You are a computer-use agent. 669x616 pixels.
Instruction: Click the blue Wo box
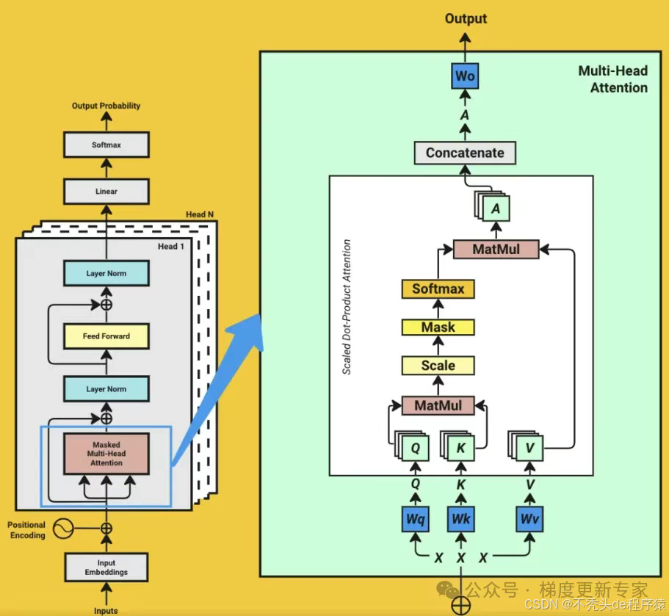[465, 76]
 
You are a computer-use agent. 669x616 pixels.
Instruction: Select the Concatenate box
[465, 153]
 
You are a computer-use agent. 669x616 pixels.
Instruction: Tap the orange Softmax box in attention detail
[438, 289]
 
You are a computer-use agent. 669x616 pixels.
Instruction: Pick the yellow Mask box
[438, 327]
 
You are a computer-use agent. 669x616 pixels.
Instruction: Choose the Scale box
[438, 365]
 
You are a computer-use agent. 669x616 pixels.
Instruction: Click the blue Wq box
[416, 520]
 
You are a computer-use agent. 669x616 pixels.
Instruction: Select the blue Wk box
[461, 520]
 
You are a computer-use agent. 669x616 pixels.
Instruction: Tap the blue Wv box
[529, 520]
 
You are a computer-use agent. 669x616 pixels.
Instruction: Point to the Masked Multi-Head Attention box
[106, 454]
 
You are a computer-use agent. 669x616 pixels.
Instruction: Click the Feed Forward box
[106, 336]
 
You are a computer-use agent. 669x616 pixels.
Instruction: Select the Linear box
[106, 192]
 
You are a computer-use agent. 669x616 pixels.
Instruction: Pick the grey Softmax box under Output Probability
[106, 145]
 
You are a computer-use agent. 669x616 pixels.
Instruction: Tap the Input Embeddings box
[106, 568]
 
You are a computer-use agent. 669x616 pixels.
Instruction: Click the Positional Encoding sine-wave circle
[64, 529]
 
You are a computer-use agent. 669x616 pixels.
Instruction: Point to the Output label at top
[466, 18]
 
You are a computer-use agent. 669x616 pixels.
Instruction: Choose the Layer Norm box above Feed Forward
[106, 274]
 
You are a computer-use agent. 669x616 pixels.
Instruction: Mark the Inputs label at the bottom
[106, 610]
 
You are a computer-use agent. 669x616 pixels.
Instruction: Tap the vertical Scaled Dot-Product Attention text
[347, 307]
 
